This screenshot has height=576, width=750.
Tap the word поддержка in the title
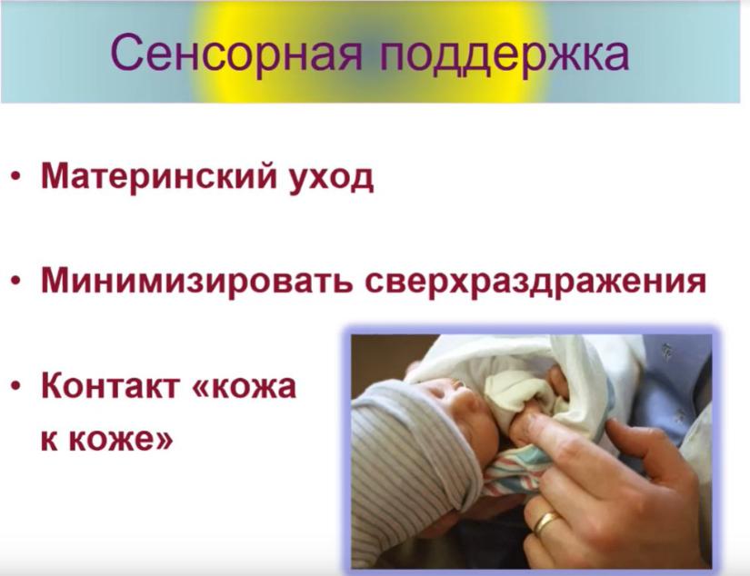tap(504, 54)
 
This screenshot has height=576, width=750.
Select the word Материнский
tap(159, 176)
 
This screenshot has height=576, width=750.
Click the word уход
tap(332, 177)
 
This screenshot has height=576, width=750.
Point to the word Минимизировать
tap(197, 281)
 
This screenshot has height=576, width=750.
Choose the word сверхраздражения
tap(535, 282)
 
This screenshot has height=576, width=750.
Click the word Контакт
tap(110, 386)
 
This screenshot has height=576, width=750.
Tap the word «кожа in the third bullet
tap(244, 387)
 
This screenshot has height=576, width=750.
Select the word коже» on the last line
tap(121, 440)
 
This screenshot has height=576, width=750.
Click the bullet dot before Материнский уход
tap(16, 178)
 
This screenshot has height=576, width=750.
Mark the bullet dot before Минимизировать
tap(16, 283)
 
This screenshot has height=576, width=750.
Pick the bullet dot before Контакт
tap(16, 387)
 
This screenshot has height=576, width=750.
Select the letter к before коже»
tap(49, 440)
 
